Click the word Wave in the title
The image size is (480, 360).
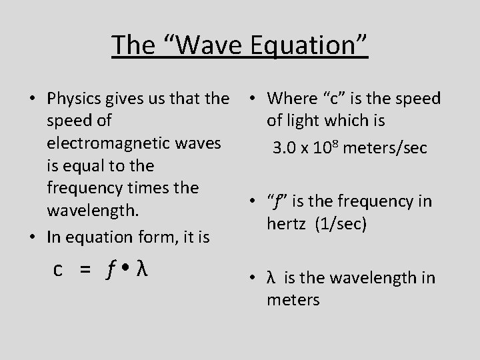(206, 45)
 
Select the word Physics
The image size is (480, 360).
(73, 99)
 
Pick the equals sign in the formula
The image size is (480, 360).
(85, 269)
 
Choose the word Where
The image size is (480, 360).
(291, 99)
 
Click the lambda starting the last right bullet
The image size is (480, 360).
(271, 278)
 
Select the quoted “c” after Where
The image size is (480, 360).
(331, 99)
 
